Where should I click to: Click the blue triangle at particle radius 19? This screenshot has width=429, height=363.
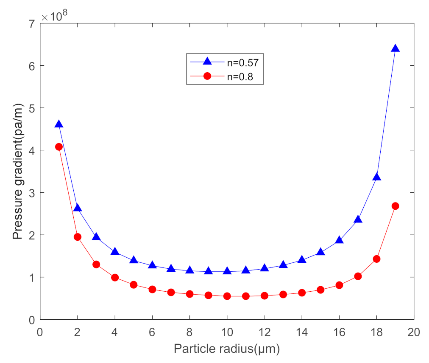395,48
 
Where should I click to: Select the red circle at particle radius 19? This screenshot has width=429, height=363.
395,206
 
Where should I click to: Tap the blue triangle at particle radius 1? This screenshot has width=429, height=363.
59,124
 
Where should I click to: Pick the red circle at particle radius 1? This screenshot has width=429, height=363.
59,146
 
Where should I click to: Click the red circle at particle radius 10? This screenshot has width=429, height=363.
227,296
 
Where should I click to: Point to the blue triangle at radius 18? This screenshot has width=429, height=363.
376,177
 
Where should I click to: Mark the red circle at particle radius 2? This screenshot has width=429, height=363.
78,237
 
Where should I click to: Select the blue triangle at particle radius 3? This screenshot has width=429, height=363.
96,237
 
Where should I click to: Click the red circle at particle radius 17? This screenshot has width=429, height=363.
358,276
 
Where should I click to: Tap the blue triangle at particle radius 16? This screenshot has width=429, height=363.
339,240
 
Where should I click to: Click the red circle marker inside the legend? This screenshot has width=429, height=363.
207,76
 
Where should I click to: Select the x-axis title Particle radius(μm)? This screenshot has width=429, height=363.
227,349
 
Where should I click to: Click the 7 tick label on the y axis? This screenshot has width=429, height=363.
32,23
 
